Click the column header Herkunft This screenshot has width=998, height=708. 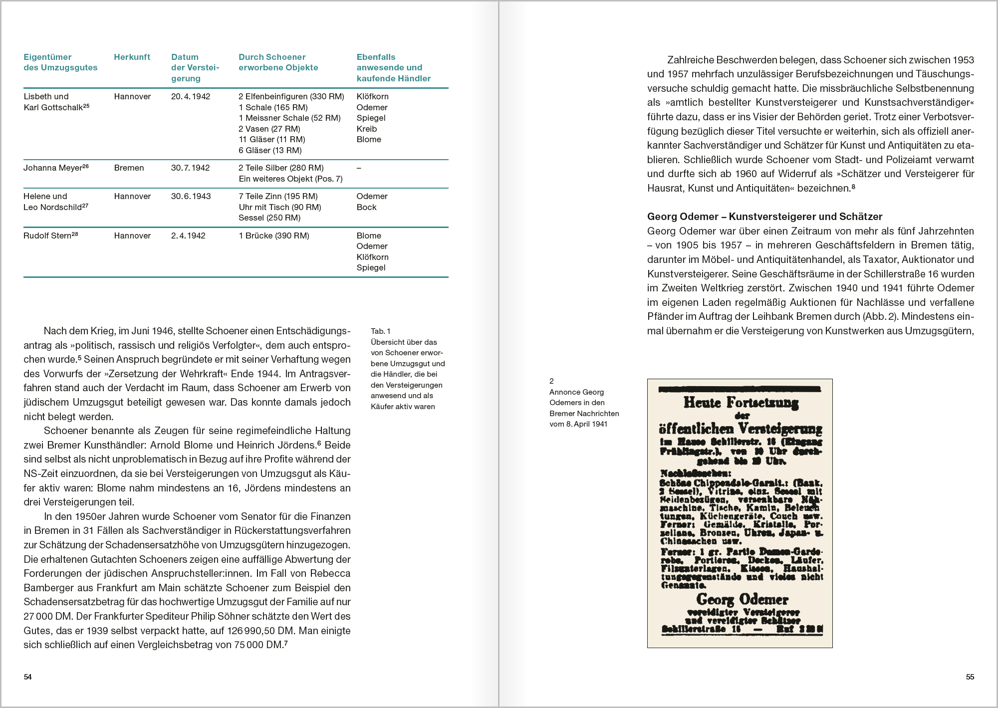(x=132, y=57)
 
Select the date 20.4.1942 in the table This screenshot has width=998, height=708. (x=191, y=96)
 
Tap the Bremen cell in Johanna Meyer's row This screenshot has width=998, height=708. (x=129, y=168)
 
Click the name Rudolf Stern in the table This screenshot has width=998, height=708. (x=47, y=236)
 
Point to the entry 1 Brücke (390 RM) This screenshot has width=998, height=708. (x=274, y=236)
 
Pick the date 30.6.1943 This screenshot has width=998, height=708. (x=191, y=196)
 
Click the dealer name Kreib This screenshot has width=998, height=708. (x=367, y=129)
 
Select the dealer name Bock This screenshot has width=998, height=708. (x=367, y=207)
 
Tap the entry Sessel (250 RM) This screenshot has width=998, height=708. (x=269, y=218)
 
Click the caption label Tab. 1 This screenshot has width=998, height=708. (x=381, y=331)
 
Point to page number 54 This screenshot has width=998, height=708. (x=28, y=677)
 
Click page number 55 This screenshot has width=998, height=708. (x=970, y=677)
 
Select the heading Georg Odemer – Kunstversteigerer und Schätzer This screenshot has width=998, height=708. (x=764, y=217)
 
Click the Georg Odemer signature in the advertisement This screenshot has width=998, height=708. (x=742, y=599)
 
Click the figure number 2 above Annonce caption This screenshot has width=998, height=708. (x=551, y=381)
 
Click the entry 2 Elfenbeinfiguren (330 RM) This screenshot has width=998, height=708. (x=291, y=96)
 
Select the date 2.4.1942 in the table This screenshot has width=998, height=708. (x=188, y=236)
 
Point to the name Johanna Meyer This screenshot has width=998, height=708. (x=52, y=168)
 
